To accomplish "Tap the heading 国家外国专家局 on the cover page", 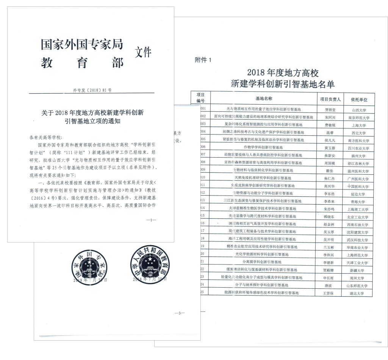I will pyautogui.click(x=82, y=45).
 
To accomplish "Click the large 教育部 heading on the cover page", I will pyautogui.click(x=82, y=63).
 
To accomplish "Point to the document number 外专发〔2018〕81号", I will pyautogui.click(x=92, y=90).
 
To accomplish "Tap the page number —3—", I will pyautogui.click(x=179, y=313).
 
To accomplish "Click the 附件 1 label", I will pyautogui.click(x=203, y=60).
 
